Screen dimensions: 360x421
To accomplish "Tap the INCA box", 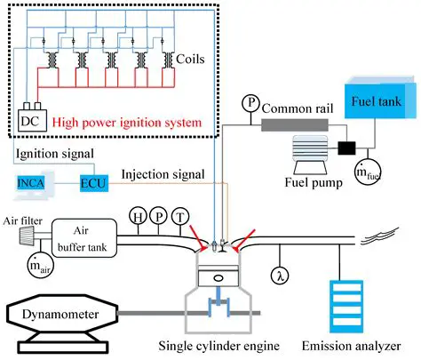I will point(33,181).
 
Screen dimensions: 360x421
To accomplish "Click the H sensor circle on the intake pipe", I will point(139,215).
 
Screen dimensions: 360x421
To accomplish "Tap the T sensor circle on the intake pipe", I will point(183,215).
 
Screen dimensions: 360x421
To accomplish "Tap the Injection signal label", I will point(158,173).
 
